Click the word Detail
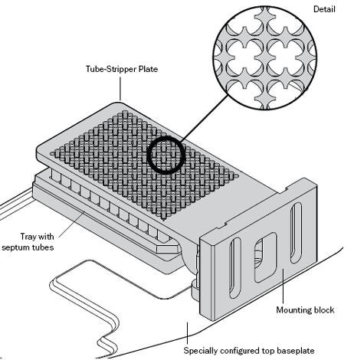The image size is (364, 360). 324,9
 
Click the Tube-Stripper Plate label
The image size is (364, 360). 122,69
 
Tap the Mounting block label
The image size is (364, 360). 305,310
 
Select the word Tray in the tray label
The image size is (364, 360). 28,237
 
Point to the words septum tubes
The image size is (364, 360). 28,247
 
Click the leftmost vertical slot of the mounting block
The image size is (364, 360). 235,268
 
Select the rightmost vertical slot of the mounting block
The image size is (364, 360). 296,232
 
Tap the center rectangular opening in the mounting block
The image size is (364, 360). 266,257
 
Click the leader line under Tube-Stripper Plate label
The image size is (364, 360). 120,89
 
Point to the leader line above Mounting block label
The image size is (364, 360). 283,286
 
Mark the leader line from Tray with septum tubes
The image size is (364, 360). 72,224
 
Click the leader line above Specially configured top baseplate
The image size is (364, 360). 187,333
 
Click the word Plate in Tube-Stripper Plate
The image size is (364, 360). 149,69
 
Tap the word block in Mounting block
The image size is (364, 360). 324,310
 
